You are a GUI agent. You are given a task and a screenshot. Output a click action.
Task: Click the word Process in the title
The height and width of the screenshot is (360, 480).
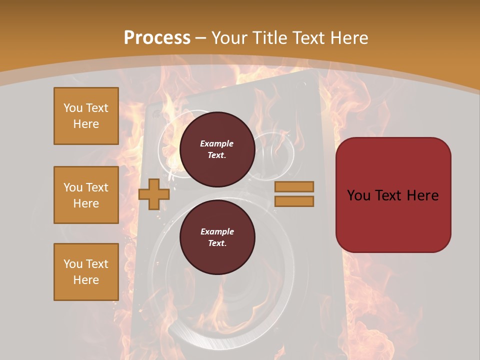157,38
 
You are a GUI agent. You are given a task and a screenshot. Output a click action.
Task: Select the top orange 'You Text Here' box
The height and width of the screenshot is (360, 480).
86,116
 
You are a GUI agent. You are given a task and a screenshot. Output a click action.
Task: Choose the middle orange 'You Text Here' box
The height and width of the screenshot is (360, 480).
86,195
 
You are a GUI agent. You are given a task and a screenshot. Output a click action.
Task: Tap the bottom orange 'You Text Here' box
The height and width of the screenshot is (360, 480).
86,271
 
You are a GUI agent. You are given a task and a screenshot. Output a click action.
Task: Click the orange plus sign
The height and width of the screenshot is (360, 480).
153,194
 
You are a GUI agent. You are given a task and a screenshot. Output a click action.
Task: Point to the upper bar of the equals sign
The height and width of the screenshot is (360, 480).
294,186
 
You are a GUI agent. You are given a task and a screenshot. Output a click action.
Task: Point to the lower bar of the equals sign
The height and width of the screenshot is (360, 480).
294,201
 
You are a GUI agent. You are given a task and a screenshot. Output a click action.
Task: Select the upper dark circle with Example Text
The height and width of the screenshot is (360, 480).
217,149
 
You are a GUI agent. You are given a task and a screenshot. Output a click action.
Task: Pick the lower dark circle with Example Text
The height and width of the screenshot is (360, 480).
217,237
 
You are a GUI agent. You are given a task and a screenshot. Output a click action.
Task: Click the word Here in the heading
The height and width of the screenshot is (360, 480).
349,38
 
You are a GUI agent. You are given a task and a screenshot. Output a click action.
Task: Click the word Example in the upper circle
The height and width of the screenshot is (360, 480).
217,143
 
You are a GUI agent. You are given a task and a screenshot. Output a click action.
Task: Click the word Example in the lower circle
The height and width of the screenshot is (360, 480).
217,231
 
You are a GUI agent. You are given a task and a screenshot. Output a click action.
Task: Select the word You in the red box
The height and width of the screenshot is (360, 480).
358,195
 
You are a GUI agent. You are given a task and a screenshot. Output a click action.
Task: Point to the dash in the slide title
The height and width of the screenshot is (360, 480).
201,38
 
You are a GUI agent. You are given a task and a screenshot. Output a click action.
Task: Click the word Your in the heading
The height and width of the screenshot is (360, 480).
229,38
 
